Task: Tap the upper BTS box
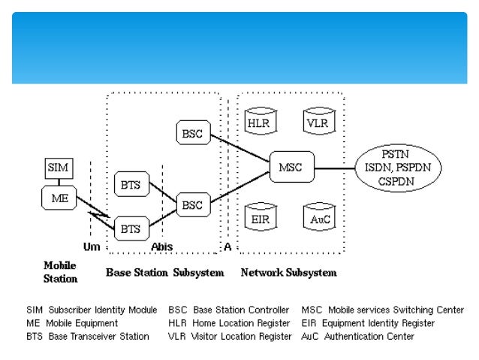pos(131,184)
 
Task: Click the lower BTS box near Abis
pos(131,228)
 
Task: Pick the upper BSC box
pos(191,134)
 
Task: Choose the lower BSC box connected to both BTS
pos(191,204)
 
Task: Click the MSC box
pos(291,167)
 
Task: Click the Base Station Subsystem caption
pos(164,273)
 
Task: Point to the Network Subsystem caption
pos(288,273)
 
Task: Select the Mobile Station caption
pos(60,272)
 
